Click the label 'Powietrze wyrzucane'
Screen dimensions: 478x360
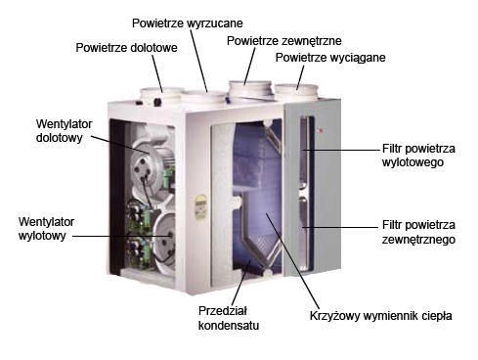pos(188,23)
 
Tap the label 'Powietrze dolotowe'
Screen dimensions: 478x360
pos(126,48)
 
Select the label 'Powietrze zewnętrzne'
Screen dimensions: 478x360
pos(284,41)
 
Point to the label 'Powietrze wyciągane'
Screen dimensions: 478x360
pos(330,58)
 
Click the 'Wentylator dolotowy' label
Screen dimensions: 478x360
pos(64,130)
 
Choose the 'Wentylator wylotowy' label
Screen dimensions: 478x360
pos(46,229)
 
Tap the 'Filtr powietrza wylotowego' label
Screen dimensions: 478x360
pos(418,156)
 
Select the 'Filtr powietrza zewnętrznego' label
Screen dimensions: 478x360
pos(418,232)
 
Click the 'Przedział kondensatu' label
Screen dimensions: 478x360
pos(229,318)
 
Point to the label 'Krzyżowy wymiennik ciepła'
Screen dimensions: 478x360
pos(380,316)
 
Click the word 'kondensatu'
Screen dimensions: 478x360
pos(229,325)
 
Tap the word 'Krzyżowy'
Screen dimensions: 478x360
pos(334,316)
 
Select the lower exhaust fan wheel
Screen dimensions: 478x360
pos(164,238)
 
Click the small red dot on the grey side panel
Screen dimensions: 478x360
pos(321,131)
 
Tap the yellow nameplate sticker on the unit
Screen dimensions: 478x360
pos(201,207)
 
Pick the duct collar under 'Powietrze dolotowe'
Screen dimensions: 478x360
pos(160,96)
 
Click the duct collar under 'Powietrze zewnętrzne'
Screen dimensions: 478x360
pos(250,89)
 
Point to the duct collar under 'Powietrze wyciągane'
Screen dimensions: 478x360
pos(296,92)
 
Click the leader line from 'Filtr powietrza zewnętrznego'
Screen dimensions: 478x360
pos(340,227)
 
